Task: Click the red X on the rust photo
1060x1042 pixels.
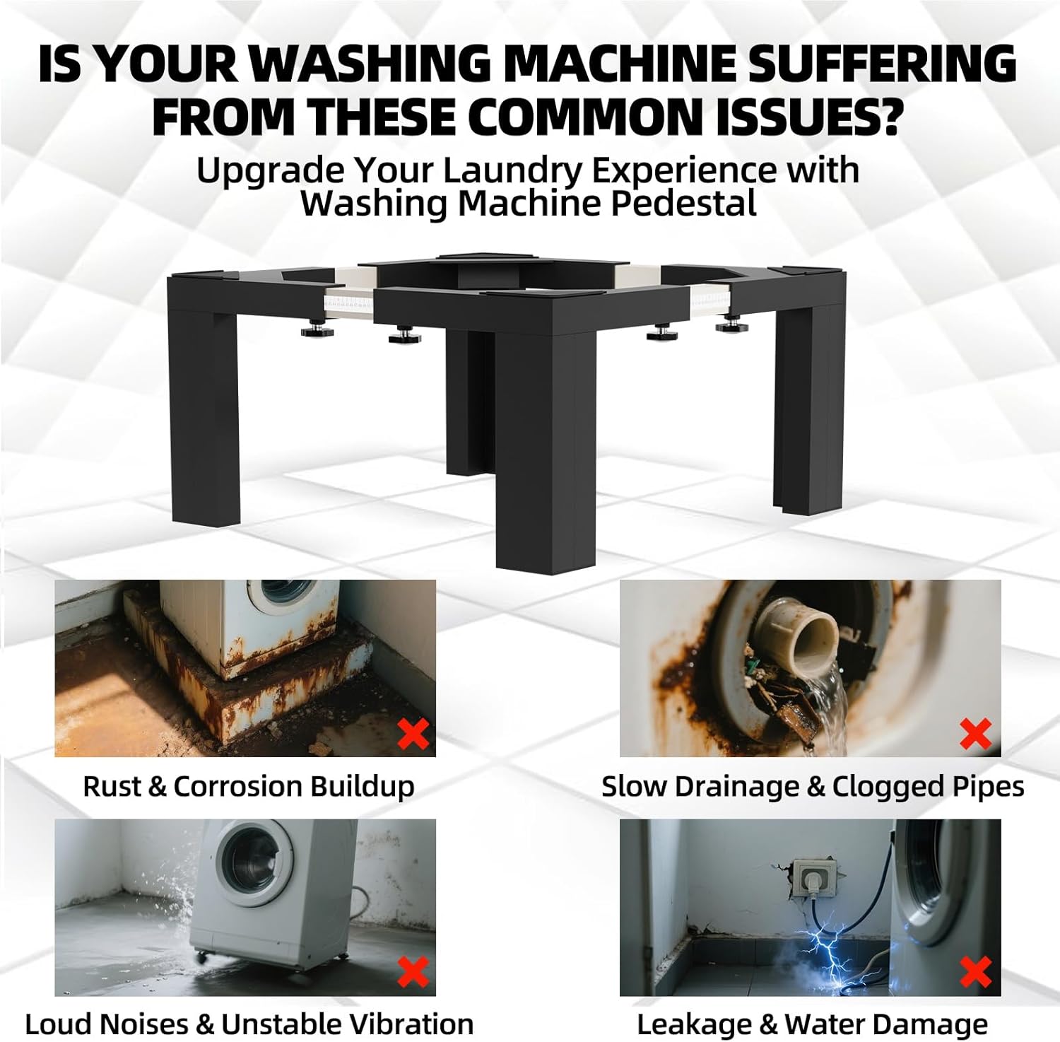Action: (x=413, y=734)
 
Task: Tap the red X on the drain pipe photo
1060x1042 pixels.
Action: (x=976, y=734)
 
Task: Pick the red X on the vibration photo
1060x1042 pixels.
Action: (x=413, y=972)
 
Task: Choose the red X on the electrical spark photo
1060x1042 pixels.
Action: (x=976, y=972)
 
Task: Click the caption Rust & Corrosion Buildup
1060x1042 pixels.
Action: (x=248, y=786)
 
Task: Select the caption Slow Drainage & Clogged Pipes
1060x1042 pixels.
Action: (x=813, y=786)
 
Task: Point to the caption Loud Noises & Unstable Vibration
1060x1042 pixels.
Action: (x=249, y=1024)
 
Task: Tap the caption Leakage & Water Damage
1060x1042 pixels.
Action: (x=812, y=1024)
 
